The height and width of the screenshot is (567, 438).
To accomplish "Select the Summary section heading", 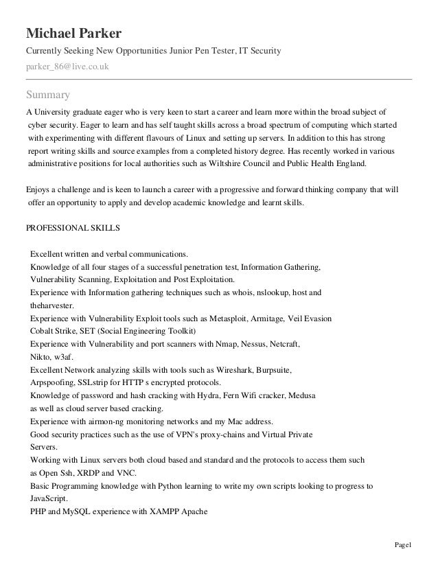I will tap(47, 94).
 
